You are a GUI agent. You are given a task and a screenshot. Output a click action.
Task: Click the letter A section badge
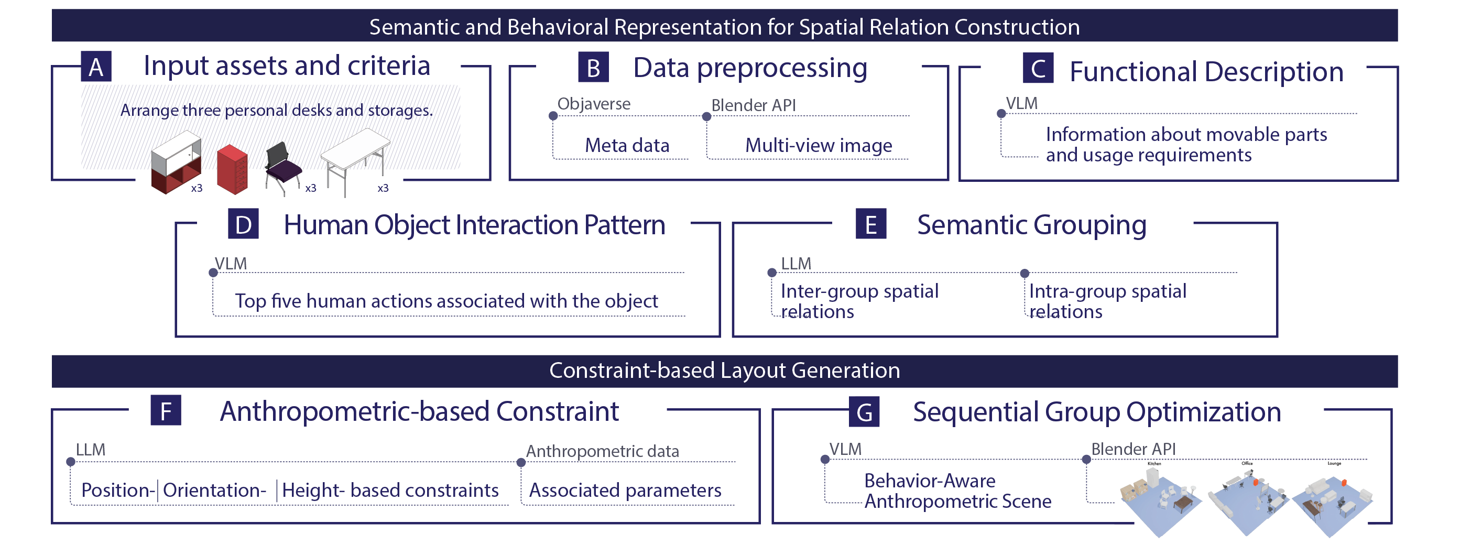(x=96, y=67)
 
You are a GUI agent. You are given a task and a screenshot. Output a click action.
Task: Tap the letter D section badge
(x=243, y=224)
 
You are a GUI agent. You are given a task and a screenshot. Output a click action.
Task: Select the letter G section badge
(x=864, y=412)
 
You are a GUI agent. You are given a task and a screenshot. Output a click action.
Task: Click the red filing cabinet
(x=232, y=169)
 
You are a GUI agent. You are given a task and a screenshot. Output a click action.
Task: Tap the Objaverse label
(x=593, y=104)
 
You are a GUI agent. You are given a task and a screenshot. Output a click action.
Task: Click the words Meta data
(x=627, y=146)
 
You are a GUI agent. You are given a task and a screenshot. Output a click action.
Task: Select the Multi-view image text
(x=819, y=146)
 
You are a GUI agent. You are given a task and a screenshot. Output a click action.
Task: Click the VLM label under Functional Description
(x=1021, y=104)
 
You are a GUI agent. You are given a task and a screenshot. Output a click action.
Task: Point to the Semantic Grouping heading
(x=1031, y=225)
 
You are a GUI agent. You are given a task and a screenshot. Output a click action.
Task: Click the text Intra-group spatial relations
(x=1107, y=301)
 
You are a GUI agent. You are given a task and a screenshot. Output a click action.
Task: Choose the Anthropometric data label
(x=602, y=451)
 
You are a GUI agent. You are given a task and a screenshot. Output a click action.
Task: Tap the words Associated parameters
(x=625, y=491)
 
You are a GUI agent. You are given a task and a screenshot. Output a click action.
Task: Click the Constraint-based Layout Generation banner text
(x=724, y=371)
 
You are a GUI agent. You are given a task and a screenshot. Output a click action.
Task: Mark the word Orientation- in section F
(x=214, y=491)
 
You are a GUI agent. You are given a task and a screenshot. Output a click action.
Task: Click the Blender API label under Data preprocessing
(x=753, y=105)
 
